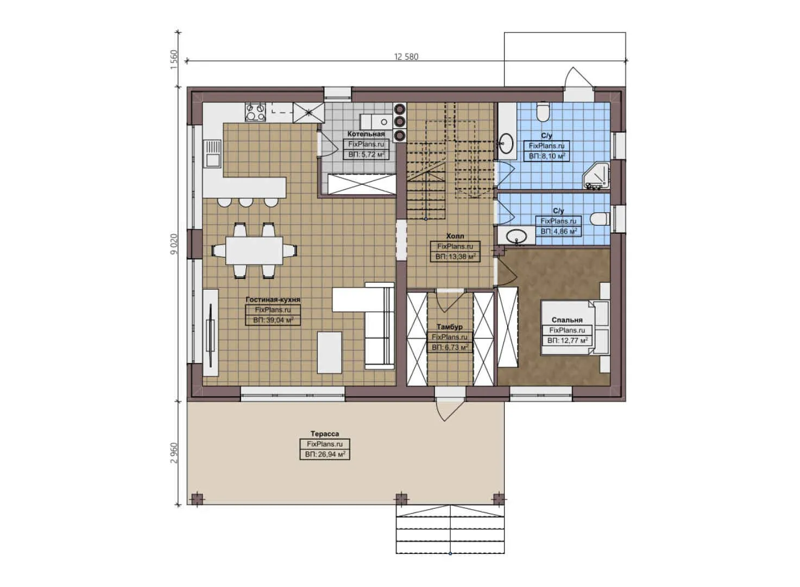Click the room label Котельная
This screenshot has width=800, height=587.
click(366, 134)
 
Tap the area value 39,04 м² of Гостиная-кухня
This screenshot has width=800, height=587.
click(273, 320)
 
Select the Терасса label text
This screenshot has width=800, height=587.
click(325, 434)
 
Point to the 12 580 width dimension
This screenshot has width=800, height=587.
click(406, 57)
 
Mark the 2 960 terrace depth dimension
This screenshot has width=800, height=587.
click(174, 453)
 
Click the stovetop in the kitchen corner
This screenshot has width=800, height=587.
click(255, 112)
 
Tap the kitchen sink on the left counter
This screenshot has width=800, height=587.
click(212, 153)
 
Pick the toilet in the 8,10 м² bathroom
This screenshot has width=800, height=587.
click(543, 113)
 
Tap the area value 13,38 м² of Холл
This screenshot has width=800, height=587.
click(455, 257)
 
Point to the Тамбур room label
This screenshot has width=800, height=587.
click(450, 327)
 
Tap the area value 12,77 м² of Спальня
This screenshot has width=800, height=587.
click(567, 341)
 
